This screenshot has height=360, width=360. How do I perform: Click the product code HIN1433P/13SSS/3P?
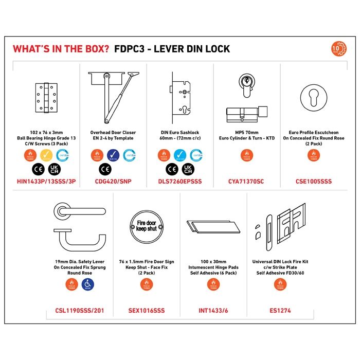pos(46,181)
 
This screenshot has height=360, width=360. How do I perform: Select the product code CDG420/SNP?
pos(113,181)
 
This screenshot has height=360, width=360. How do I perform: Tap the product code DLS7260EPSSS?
pos(180,181)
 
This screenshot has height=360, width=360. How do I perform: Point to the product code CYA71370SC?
pos(246,181)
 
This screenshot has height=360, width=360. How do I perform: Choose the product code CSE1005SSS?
pos(313,181)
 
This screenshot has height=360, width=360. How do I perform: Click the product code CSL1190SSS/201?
pos(79,310)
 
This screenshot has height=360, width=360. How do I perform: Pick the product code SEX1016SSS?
pos(147,310)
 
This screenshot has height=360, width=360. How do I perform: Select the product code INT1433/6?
pos(213,310)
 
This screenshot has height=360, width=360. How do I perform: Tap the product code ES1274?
pos(280,310)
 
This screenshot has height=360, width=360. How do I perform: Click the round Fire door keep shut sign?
pos(147,225)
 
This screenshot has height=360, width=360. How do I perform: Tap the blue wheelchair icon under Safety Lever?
pos(87,284)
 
